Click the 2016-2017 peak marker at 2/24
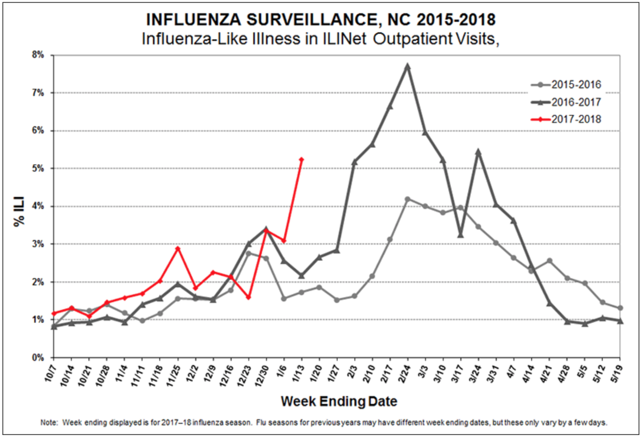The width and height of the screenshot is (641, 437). pos(407,67)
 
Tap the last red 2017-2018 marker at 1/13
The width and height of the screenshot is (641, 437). pos(301,160)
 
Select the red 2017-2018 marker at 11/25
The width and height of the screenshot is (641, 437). pos(178,249)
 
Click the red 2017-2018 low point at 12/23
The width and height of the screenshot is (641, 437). pos(248,297)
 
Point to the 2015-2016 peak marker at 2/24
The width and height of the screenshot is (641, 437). pos(407,199)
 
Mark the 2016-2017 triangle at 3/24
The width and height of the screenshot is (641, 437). pos(478,152)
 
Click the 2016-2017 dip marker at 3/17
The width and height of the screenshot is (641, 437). pos(461,235)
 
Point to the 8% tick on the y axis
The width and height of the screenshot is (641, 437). pos(38,55)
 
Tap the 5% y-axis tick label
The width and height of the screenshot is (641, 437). pos(38,168)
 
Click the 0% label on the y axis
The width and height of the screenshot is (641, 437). pos(38,357)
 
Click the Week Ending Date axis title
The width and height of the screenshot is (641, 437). pos(339,401)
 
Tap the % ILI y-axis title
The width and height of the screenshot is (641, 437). pos(19,211)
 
